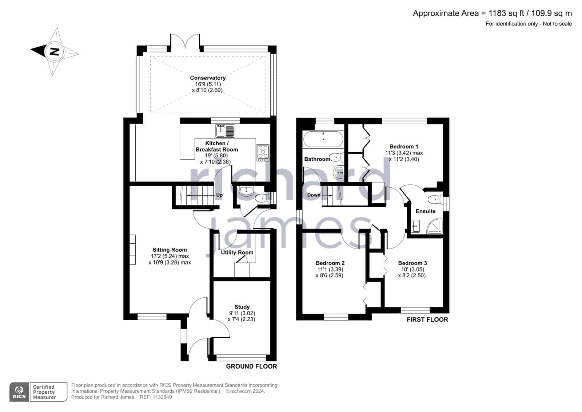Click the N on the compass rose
point(54,51)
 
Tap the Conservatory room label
point(208,78)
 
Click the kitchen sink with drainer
point(225,131)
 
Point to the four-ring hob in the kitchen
point(263,153)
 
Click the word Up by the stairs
point(219,195)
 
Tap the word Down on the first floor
point(314,195)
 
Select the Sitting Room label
point(170,250)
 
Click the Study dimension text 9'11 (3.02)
point(242,313)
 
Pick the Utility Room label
point(237,252)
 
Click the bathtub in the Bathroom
point(323,139)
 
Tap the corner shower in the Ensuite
point(435,226)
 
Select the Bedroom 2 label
point(330,263)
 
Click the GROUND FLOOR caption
point(251,366)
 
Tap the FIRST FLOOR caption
point(427,319)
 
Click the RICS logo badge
point(19,392)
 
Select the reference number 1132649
point(162,397)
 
